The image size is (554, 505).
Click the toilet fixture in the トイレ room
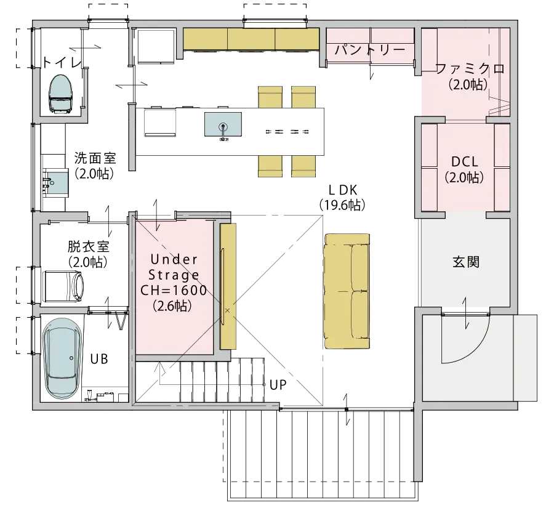coord(62,94)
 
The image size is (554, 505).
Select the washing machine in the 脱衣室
coord(63,286)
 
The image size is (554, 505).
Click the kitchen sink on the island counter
coord(223,125)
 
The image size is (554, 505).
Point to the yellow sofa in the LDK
coord(347,291)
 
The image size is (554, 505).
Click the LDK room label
coord(343,190)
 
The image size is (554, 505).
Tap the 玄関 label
coord(466,262)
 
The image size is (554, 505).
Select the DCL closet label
coord(465,162)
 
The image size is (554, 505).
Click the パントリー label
coord(369,50)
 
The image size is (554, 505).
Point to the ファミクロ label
coord(470,68)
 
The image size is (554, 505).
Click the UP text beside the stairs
coord(278,385)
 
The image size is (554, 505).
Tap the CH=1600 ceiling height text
coord(174,291)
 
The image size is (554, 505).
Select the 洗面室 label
coord(95,158)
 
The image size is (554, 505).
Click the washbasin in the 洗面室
coord(55,182)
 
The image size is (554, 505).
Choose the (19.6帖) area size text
coord(343,205)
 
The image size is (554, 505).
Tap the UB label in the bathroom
coord(99,359)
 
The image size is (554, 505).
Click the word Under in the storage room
coord(174,259)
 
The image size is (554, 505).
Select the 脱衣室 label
coord(88,247)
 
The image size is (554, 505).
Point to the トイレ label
coord(62,63)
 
